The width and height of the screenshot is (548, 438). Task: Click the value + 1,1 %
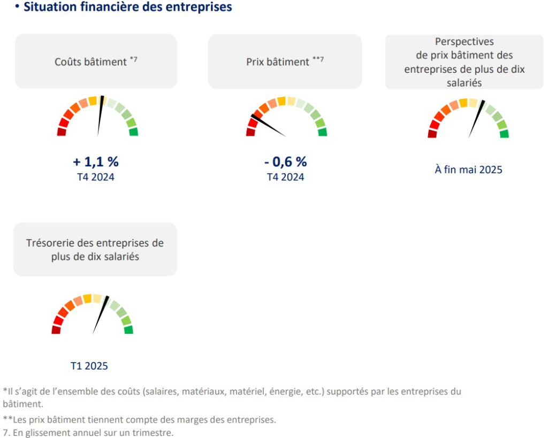[x=95, y=162]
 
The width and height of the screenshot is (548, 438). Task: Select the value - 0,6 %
[x=285, y=162]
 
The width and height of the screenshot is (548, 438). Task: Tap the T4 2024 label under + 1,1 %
[x=95, y=177]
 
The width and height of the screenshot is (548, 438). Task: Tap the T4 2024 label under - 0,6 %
[x=285, y=177]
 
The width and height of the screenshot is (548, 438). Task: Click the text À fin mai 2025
[x=468, y=170]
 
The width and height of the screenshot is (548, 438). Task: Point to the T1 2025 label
[x=89, y=366]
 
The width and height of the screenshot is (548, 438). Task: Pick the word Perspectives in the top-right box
[x=464, y=42]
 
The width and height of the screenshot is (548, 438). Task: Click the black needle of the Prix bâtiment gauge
[x=268, y=125]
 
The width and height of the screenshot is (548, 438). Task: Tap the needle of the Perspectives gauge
[x=476, y=119]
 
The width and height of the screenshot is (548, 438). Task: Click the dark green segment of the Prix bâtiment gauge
[x=322, y=132]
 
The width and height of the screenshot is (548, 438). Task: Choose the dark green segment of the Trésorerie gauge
[x=128, y=329]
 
